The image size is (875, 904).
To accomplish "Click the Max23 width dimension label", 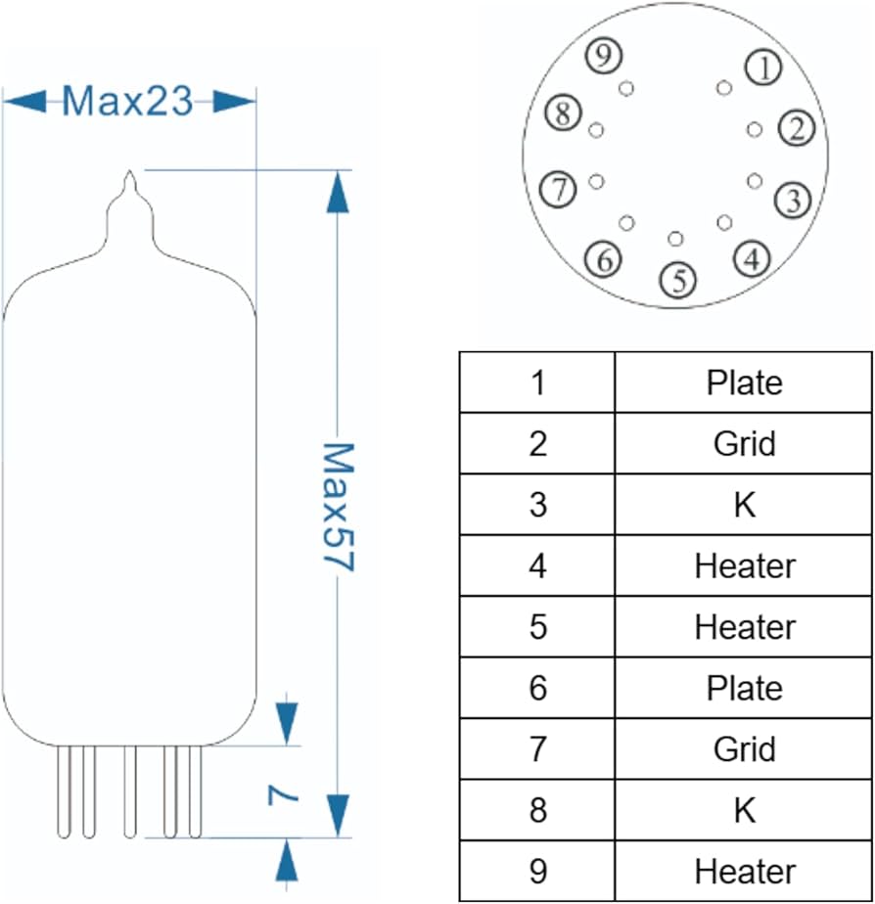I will [x=127, y=101].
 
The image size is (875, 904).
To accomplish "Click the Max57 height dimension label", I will [x=337, y=509].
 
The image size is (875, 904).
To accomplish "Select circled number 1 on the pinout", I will [x=763, y=67].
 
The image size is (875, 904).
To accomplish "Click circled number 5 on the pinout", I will [x=678, y=280].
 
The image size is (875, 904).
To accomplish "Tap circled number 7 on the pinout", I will [x=559, y=189].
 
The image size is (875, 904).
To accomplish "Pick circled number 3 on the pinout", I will [x=792, y=201].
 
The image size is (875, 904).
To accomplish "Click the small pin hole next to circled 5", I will [x=675, y=239].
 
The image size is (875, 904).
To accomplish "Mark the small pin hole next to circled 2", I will [x=754, y=129].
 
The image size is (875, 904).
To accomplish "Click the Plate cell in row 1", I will [x=744, y=383].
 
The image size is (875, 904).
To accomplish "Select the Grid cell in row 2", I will [x=744, y=443].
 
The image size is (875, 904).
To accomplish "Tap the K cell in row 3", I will [x=744, y=505].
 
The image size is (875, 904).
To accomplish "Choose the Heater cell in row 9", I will [x=744, y=871].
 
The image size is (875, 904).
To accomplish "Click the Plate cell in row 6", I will [x=744, y=688].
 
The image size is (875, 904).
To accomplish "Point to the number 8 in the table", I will [x=537, y=810].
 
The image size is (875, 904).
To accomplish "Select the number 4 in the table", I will [x=537, y=565].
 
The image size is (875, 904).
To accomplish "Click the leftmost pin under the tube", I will [x=65, y=791].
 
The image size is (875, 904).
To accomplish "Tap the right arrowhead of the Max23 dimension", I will [x=235, y=101].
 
